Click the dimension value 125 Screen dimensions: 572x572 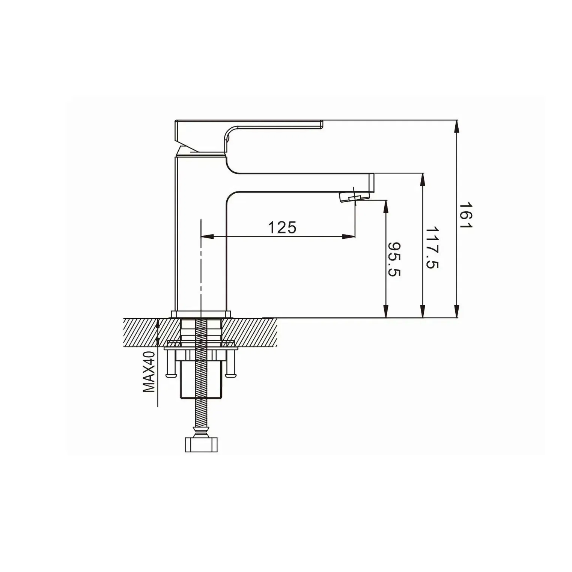(x=282, y=227)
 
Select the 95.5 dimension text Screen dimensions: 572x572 (x=394, y=259)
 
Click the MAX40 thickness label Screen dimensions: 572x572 (x=149, y=372)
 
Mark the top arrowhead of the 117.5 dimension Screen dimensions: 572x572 (x=423, y=179)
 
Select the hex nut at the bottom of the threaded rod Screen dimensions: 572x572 (x=202, y=444)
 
